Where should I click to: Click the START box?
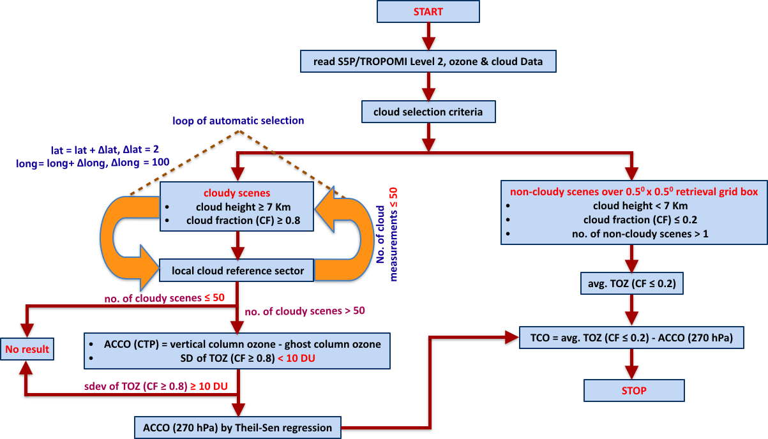tap(428, 12)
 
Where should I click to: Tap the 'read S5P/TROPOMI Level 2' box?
tap(428, 61)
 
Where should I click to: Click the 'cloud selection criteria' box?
tap(428, 112)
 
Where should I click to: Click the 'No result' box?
tap(27, 350)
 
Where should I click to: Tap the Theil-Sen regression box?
tap(237, 427)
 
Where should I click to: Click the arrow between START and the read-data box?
tap(428, 36)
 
